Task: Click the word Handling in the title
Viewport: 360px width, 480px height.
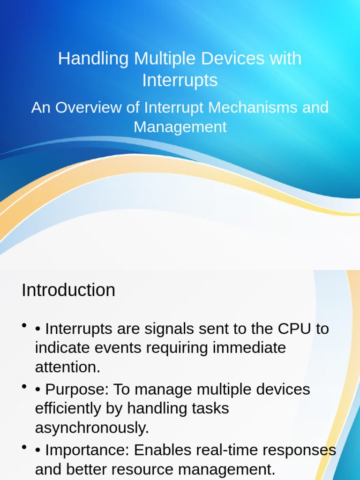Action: (94, 59)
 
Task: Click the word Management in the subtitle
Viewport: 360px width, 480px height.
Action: (180, 127)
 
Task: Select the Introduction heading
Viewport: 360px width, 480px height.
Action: (68, 290)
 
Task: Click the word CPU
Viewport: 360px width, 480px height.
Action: (294, 329)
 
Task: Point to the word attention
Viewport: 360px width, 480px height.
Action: (67, 367)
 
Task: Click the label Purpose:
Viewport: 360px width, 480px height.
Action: (77, 390)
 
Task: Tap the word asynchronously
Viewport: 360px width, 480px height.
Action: (92, 428)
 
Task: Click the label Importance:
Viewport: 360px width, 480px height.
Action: (87, 450)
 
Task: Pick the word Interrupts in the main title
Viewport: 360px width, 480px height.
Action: (180, 81)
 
